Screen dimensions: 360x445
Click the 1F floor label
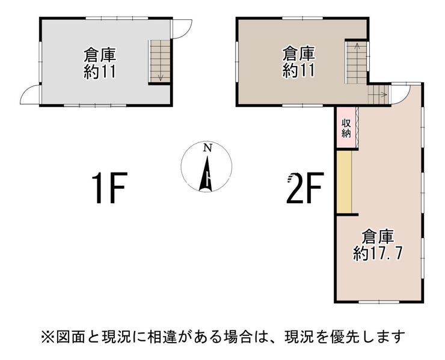[x=108, y=188]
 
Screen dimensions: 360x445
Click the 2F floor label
[x=306, y=188]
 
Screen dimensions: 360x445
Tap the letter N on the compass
[x=207, y=148]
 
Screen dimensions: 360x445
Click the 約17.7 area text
[x=378, y=253]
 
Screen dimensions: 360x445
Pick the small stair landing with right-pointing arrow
[x=378, y=94]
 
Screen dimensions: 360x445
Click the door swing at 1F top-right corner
[x=182, y=28]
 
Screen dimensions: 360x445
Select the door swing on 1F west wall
[x=30, y=94]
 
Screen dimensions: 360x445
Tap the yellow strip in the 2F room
[x=344, y=182]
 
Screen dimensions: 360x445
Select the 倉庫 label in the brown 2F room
[x=299, y=53]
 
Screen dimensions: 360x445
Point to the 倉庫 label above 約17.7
[x=378, y=236]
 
